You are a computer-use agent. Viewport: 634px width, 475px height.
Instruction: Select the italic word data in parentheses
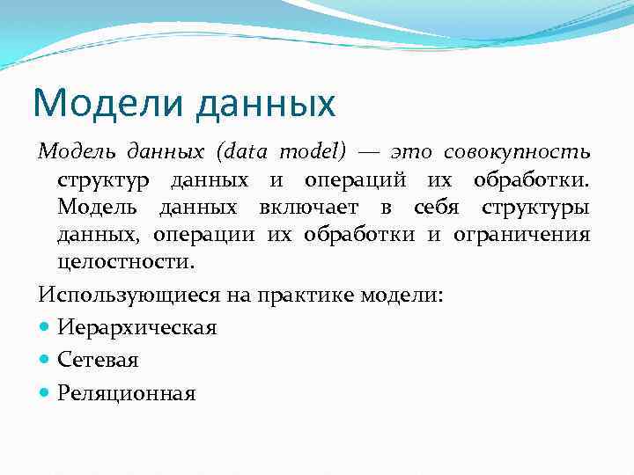pyautogui.click(x=252, y=153)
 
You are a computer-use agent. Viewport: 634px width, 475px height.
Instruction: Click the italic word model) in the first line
pyautogui.click(x=313, y=153)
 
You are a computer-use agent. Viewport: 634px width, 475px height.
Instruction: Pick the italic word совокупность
pyautogui.click(x=517, y=153)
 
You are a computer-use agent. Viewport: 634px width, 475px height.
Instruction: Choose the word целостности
pyautogui.click(x=124, y=262)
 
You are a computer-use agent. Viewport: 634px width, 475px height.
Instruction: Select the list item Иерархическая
pyautogui.click(x=136, y=327)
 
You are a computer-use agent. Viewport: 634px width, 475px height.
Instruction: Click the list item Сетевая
pyautogui.click(x=99, y=360)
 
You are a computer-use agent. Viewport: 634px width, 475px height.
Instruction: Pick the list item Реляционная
pyautogui.click(x=126, y=392)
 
